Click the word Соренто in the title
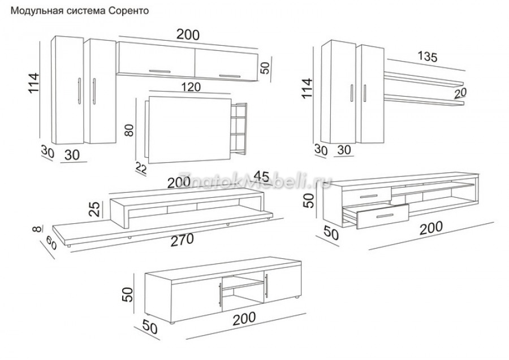pos(128,11)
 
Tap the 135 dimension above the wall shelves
pos(428,57)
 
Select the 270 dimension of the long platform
pos(183,240)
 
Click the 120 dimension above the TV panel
pos(191,87)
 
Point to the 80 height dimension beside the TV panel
pos(129,130)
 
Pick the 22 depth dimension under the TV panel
pos(141,168)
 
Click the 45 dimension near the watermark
pos(261,176)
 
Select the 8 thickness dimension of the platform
pos(38,229)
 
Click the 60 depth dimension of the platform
pos(51,242)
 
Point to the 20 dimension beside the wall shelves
pos(460,93)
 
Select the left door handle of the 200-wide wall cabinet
pos(159,71)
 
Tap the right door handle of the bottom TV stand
pos(266,285)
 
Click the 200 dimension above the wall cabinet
pos(188,34)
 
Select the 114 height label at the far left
pos(34,83)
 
